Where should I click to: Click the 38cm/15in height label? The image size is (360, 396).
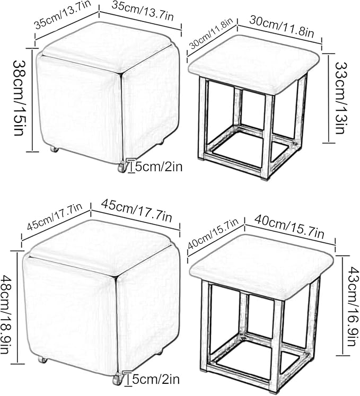(x=18, y=98)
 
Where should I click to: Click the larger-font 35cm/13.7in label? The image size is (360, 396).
(x=143, y=11)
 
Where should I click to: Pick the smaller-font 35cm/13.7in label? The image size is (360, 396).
(x=63, y=14)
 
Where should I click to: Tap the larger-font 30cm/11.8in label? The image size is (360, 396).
(x=282, y=27)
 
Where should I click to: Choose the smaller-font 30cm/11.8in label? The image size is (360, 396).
(x=210, y=33)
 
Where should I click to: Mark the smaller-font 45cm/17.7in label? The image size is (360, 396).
(x=55, y=217)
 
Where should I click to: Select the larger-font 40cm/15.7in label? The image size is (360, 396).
(x=289, y=226)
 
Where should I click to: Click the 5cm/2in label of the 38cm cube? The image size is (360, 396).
(x=159, y=166)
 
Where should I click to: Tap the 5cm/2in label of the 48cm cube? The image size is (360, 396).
(x=156, y=380)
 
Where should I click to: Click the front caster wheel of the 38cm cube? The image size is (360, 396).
(x=122, y=168)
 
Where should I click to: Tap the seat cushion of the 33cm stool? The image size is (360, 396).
(x=254, y=63)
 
